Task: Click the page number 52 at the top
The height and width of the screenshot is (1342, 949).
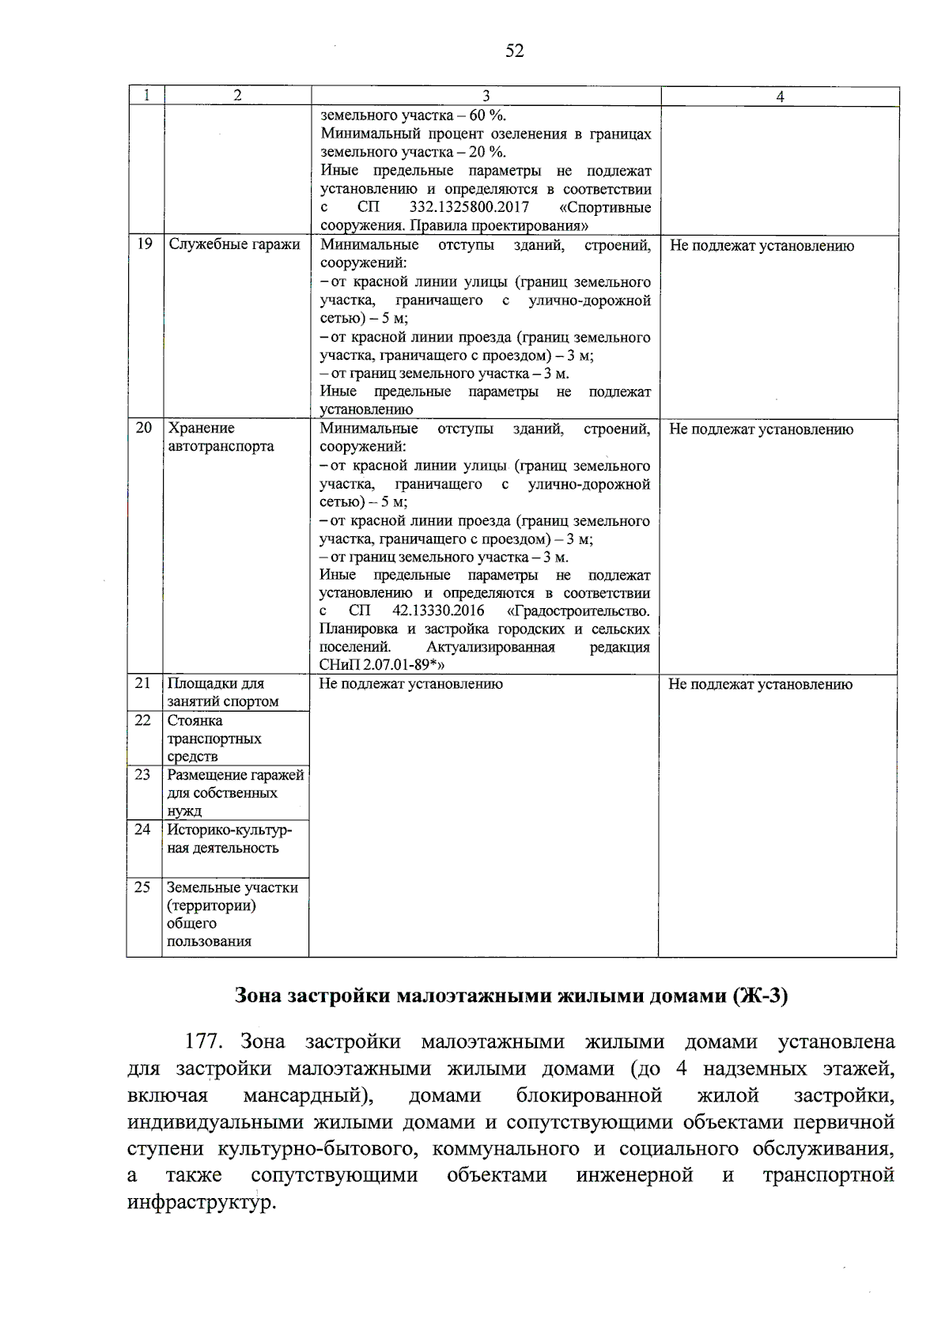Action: coord(514,51)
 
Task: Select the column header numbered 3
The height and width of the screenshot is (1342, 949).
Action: coord(486,96)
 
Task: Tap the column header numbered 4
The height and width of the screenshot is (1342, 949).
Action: coord(780,96)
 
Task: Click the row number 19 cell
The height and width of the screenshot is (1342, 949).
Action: coord(145,244)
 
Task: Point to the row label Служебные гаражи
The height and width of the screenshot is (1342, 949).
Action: coord(234,245)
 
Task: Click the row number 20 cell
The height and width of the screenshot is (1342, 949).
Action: coord(144,428)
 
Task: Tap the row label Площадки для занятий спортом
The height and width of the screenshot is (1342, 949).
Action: coord(222,692)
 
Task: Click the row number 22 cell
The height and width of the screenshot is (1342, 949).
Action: coord(143,720)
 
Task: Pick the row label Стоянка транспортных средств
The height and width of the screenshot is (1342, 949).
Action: coord(214,739)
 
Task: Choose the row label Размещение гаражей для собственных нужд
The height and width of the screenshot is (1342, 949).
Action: coord(235,792)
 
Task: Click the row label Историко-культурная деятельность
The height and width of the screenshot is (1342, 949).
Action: coord(229,838)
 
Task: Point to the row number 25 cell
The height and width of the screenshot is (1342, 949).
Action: coord(143,887)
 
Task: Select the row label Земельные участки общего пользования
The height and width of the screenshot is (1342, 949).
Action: coord(232,914)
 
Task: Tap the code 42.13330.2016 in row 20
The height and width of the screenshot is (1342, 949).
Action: coord(438,611)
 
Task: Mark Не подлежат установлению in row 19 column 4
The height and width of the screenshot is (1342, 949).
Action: coord(762,246)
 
